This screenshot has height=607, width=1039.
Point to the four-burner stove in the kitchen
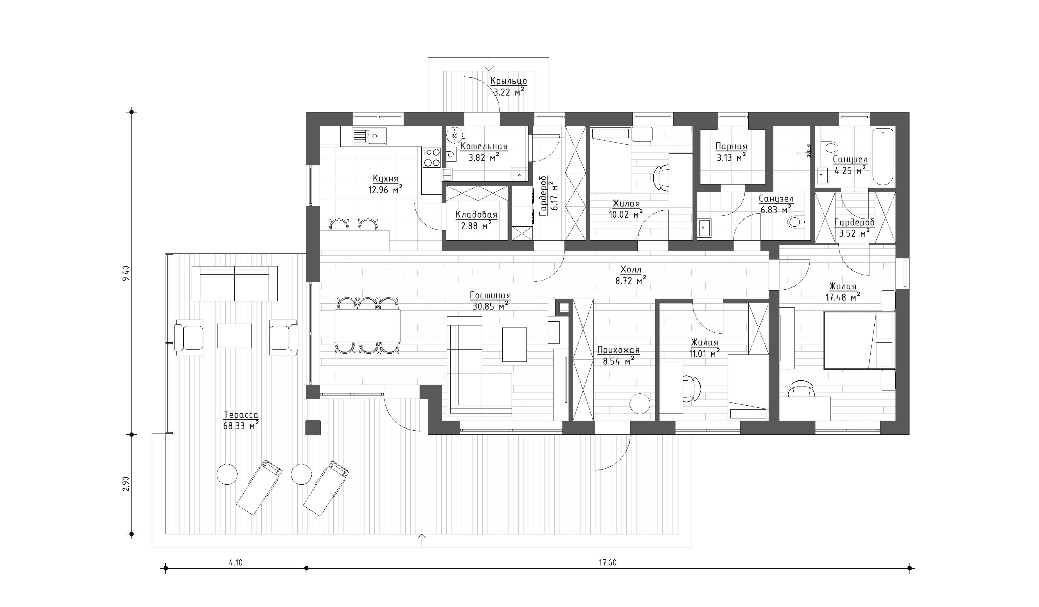tap(432, 157)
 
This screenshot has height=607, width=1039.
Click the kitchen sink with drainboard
tap(80, 136)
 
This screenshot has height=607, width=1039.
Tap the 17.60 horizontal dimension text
tap(607, 563)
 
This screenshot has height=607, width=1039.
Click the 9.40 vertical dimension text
tap(126, 273)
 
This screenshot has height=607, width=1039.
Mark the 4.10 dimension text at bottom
tap(236, 563)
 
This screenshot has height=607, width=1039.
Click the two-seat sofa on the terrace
tap(234, 284)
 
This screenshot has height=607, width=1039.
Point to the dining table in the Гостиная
tap(367, 325)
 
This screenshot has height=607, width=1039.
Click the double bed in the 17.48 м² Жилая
tap(859, 340)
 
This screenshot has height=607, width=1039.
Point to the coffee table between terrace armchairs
tap(234, 336)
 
